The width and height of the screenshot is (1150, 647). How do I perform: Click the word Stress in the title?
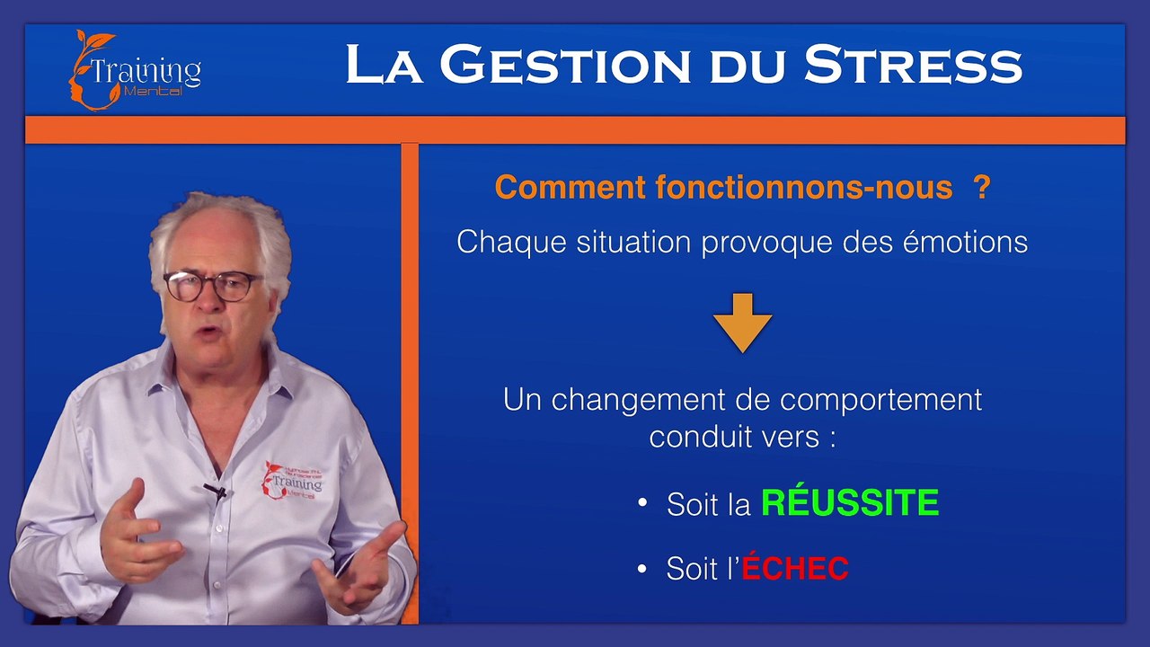tap(913, 66)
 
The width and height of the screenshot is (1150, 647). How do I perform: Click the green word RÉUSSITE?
tap(850, 503)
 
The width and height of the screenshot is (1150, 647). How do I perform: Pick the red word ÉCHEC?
tap(795, 568)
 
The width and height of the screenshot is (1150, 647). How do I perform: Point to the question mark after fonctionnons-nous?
tap(981, 188)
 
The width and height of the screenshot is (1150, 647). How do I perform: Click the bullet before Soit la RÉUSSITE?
tap(642, 502)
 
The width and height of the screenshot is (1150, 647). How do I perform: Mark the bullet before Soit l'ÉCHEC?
tap(642, 568)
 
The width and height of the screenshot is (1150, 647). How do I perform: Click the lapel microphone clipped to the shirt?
tap(216, 492)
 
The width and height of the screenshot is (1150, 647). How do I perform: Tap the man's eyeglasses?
tap(213, 287)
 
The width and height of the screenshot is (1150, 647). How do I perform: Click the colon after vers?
tap(832, 439)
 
